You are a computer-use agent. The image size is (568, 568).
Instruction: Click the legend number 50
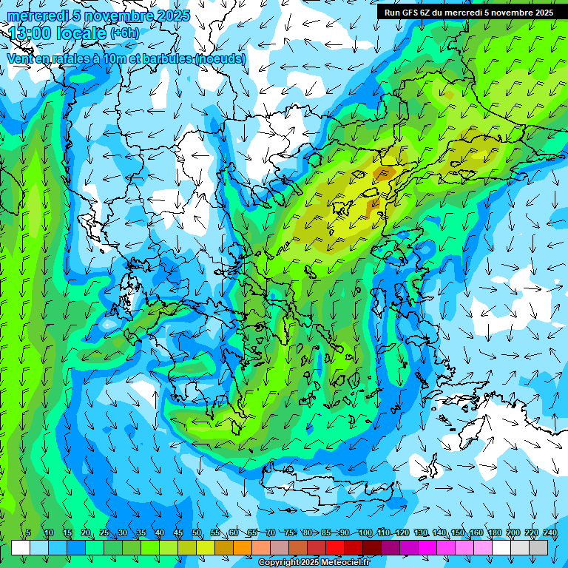pos(197,533)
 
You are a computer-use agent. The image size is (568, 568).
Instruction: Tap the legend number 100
pos(365,533)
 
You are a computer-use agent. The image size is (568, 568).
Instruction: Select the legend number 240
pos(550,533)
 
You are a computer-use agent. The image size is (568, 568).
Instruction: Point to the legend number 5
pos(28,533)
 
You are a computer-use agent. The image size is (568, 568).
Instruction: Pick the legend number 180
pos(495,533)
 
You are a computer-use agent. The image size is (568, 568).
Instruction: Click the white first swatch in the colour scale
pos(21,547)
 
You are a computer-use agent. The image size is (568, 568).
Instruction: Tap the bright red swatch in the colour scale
pos(335,547)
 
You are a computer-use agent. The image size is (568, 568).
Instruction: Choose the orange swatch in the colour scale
pos(243,547)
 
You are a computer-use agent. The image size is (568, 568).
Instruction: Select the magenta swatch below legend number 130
pos(427,547)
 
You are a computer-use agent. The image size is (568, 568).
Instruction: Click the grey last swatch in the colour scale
pos(538,547)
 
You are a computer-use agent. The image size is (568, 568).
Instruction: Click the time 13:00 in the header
pos(33,34)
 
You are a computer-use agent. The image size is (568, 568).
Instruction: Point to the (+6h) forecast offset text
pos(124,33)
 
